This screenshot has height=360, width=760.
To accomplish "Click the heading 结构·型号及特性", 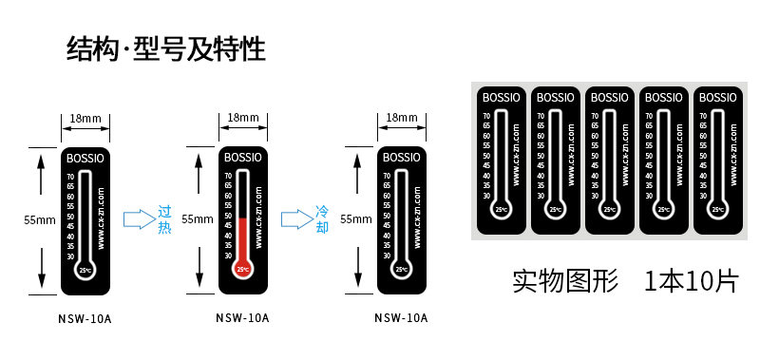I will tap(165, 48).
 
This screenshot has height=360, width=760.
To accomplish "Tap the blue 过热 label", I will tap(164, 219).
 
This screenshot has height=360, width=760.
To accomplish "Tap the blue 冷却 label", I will tap(322, 219).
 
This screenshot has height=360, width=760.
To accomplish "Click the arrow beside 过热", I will tap(139, 220).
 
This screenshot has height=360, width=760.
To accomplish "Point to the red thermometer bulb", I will tap(243, 270).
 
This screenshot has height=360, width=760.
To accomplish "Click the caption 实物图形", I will tap(564, 281).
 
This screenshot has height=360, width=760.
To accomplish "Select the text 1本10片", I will tap(690, 281).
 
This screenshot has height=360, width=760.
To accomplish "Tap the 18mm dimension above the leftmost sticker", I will tap(85, 118).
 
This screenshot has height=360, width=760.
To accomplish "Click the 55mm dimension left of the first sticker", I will tap(40, 219).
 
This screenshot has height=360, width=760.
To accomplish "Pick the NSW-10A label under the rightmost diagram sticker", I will tap(401, 318).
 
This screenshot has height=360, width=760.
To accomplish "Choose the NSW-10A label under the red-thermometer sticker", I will tap(242, 318).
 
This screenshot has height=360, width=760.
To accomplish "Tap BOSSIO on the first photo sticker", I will tap(501, 98).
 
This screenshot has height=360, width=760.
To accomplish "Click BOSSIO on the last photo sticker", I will tap(718, 98).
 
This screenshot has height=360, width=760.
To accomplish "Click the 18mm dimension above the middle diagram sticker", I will tap(243, 118).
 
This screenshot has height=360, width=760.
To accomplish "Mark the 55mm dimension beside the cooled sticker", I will tap(356, 219).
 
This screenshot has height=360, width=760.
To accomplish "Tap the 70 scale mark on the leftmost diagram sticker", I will tap(69, 176).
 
